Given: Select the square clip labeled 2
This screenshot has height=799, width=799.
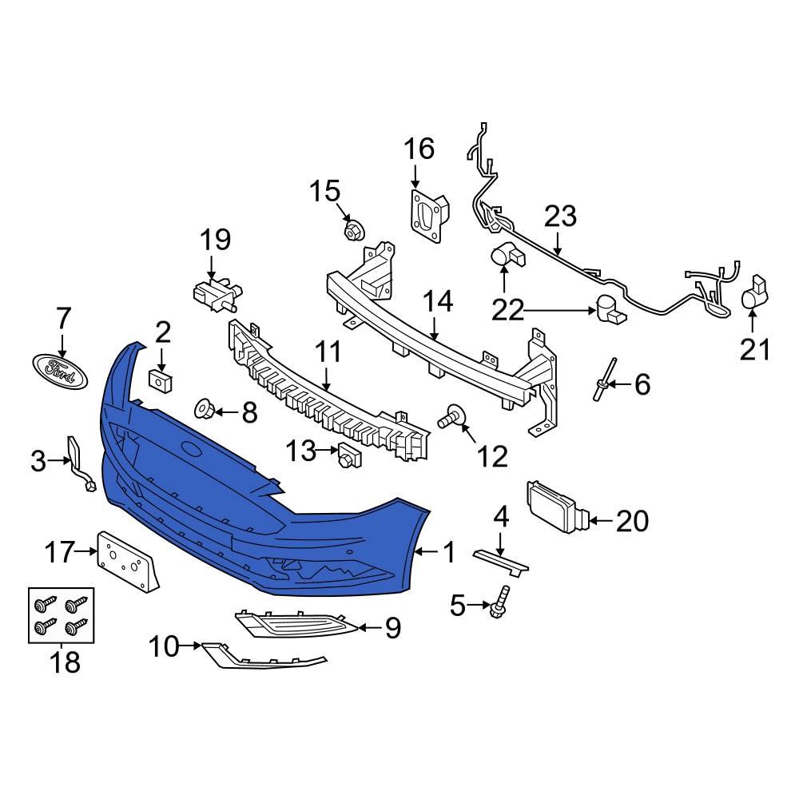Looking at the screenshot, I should pyautogui.click(x=163, y=380).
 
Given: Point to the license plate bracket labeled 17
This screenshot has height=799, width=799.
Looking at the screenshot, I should pyautogui.click(x=128, y=561).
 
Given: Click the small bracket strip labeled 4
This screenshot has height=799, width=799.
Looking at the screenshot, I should pyautogui.click(x=500, y=560).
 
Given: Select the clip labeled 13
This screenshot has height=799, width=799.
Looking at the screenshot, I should pyautogui.click(x=348, y=455).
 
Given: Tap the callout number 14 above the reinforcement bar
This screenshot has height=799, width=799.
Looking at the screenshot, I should pyautogui.click(x=438, y=302).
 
